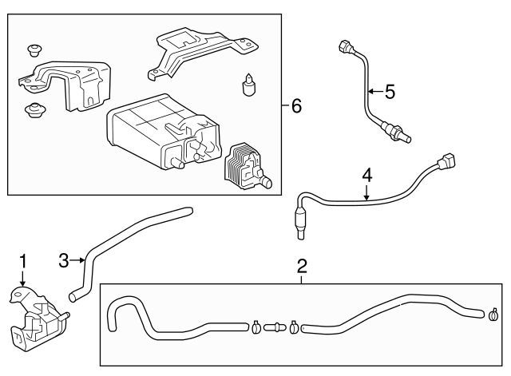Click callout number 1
click(x=23, y=260)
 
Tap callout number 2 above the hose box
click(x=302, y=265)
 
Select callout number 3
click(x=65, y=259)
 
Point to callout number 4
click(x=366, y=173)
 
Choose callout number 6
click(x=295, y=105)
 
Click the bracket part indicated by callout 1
click(x=36, y=319)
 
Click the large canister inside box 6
click(x=152, y=132)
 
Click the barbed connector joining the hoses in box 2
click(x=275, y=326)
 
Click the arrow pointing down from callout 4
click(x=366, y=192)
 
